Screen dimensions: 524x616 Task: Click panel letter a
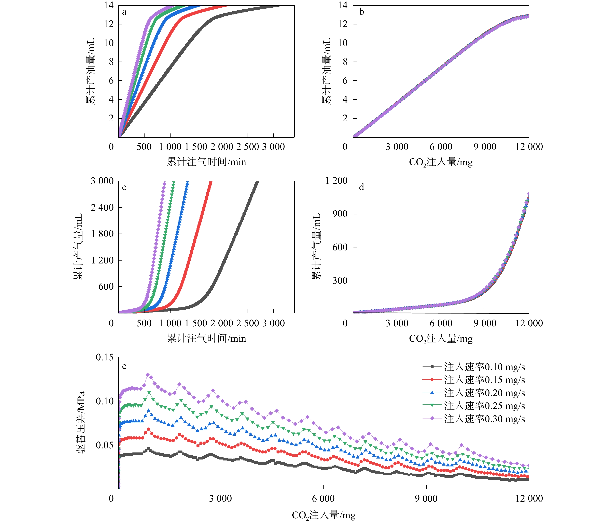tap(124, 12)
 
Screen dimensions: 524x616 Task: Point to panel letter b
tap(361, 12)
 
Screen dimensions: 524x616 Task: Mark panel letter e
tap(124, 366)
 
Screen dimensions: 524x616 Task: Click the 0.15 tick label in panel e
tap(105, 357)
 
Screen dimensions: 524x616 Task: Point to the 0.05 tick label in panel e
tap(105, 445)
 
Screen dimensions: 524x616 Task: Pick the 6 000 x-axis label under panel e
tap(323, 498)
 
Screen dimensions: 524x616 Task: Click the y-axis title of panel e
tap(81, 422)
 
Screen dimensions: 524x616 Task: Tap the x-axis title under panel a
tap(207, 162)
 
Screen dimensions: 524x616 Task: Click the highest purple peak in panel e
tap(148, 375)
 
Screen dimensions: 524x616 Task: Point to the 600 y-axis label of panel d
tap(340, 247)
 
